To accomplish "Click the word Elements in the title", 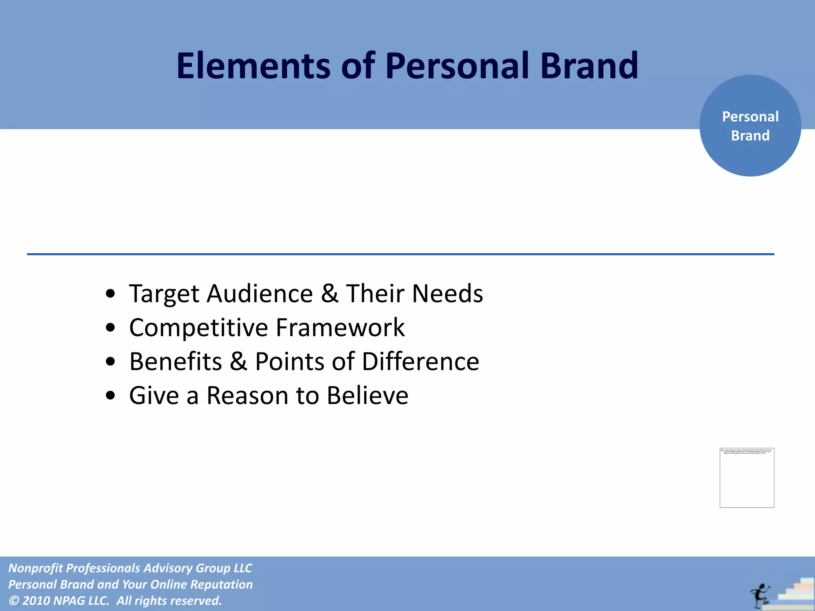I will pos(253,66).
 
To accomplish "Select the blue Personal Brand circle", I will pos(750,126).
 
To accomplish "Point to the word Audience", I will pos(259,294).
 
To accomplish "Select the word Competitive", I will pos(199,328).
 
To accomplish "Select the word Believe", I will pos(367,396).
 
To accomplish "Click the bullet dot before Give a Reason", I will pos(111,396).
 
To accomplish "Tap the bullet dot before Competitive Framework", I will pos(111,328).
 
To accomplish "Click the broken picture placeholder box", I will pos(747,478).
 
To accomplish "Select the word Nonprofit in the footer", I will pos(35,568).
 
